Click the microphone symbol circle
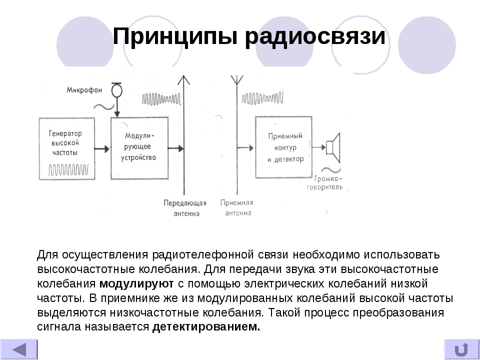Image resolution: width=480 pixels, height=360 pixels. click(116, 90)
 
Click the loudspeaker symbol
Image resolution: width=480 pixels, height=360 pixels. click(332, 146)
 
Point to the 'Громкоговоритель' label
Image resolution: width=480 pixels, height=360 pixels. click(328, 183)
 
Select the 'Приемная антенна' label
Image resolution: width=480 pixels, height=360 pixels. click(236, 207)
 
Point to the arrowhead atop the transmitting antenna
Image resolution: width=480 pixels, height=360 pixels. click(185, 80)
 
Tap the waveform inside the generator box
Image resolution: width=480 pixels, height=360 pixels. click(70, 170)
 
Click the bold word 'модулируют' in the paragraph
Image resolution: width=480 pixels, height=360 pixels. click(136, 284)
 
